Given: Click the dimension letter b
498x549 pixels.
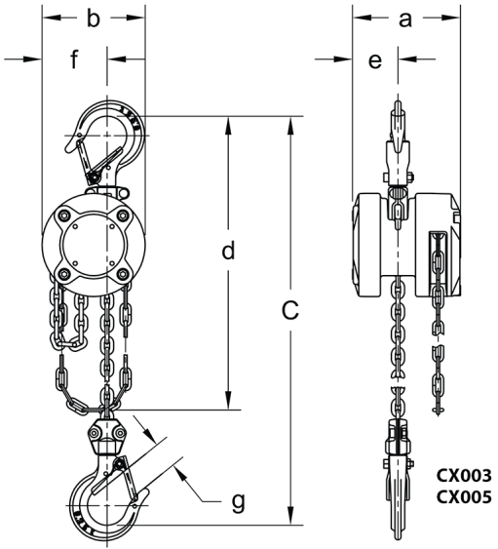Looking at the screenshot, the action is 94,19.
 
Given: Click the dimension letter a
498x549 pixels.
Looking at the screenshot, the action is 405,20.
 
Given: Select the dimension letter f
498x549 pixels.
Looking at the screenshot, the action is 74,59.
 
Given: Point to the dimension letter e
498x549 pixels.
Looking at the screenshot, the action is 375,60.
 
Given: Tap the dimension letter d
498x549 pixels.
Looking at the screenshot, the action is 228,251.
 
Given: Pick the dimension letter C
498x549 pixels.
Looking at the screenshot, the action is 290,310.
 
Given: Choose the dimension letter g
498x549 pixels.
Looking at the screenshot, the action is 239,503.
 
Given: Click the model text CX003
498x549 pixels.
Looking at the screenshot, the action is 464,476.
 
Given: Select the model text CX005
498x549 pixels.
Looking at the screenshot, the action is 464,497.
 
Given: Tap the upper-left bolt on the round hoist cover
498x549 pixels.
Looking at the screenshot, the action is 63,216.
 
